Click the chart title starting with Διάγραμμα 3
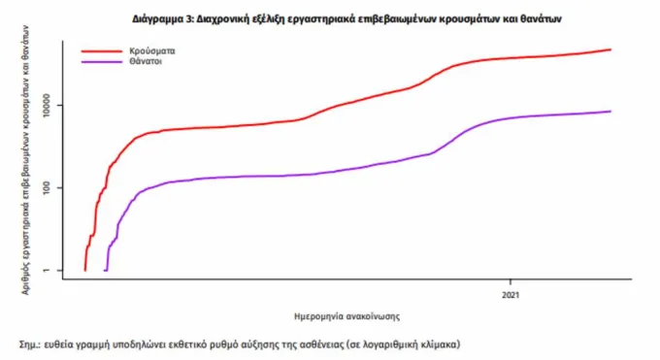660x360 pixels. [346, 19]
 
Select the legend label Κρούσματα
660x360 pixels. [152, 51]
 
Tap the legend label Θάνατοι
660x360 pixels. [146, 61]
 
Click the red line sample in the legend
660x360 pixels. [102, 51]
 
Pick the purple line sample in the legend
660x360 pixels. [102, 62]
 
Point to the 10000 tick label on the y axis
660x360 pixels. [46, 105]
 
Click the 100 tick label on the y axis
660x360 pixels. [46, 188]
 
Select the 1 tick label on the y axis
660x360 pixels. [46, 271]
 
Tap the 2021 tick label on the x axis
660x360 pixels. [511, 295]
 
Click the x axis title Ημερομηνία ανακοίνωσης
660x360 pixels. [346, 316]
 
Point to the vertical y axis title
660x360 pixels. [25, 159]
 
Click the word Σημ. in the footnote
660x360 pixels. [29, 344]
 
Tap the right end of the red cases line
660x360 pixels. [610, 49]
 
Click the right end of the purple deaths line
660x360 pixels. [610, 112]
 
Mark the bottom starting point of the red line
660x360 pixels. [85, 271]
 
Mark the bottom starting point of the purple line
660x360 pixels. [105, 271]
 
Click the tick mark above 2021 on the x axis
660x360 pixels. [511, 281]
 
